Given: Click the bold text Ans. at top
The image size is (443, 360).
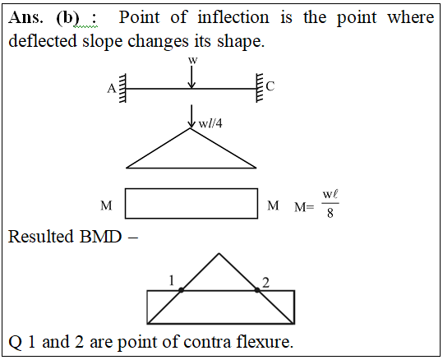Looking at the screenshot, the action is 26,17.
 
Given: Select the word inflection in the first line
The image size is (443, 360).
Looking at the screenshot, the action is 233,17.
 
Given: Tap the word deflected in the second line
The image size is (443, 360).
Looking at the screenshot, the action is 43,41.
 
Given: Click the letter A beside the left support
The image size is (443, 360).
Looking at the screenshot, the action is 112,89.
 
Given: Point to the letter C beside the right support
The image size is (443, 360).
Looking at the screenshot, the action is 270,86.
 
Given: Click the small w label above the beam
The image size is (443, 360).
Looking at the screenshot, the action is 192,60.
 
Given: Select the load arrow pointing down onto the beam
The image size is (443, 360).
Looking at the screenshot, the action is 192,77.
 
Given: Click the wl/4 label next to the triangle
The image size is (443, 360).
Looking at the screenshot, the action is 210,123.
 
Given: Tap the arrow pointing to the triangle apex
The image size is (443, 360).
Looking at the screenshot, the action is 192,117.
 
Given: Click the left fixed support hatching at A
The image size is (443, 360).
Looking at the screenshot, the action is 122,88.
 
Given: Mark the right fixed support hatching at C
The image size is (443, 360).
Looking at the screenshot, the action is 260,88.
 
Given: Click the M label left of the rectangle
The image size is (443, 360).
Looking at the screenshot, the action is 106,205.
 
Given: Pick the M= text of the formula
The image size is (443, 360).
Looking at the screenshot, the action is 304,207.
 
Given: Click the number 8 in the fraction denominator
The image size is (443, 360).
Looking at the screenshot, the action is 330,213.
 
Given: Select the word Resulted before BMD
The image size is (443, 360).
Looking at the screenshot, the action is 41,236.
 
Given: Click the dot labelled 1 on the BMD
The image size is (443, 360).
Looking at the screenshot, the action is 181,290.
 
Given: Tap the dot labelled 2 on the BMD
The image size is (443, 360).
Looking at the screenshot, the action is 257,290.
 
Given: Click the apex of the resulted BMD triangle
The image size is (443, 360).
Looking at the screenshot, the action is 219,253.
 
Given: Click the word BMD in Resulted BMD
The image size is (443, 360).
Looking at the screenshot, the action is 100,236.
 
